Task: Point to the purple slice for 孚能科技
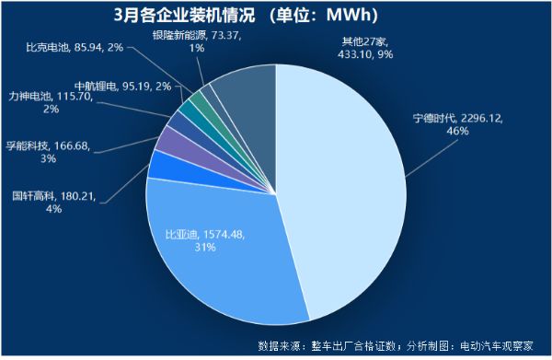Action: tap(171, 141)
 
